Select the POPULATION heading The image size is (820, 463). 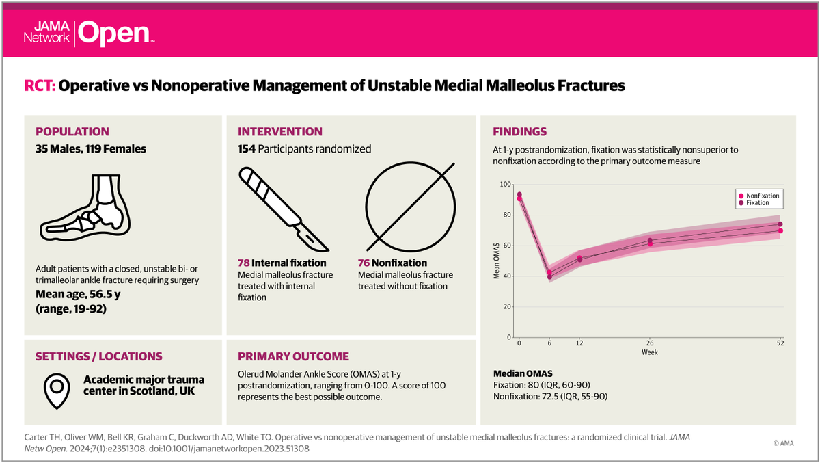click(72, 131)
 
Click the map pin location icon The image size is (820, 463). click(57, 390)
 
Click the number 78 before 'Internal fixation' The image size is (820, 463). click(243, 263)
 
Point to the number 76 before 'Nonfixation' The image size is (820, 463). click(364, 263)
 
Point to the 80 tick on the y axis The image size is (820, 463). click(507, 215)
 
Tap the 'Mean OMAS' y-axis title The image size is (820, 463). click(496, 261)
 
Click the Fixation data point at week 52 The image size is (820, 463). click(780, 224)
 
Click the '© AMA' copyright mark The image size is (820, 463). click(786, 443)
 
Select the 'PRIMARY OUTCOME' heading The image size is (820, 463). click(293, 356)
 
